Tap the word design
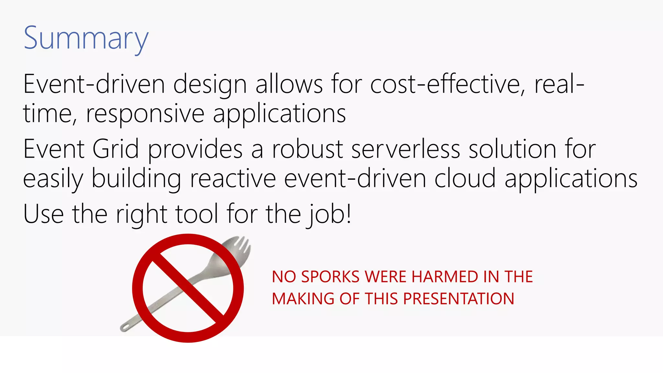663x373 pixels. point(210,85)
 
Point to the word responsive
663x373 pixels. point(145,114)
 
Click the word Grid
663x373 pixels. point(116,149)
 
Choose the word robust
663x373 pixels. point(307,149)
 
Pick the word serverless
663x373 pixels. point(406,149)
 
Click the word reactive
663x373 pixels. point(232,179)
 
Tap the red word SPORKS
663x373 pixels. point(330,277)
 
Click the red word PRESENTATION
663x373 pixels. point(458,299)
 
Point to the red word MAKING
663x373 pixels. point(303,299)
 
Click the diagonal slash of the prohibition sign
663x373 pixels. point(188,288)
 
